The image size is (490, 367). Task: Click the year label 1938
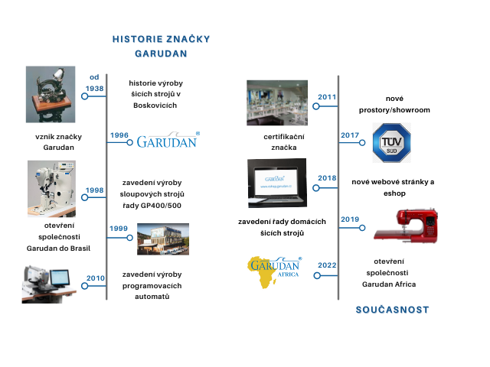pos(94,89)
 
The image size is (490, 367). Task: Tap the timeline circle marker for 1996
pos(129,143)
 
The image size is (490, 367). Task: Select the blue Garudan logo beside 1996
pos(168,140)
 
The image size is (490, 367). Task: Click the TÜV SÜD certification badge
pos(391,143)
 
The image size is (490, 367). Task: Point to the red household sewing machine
pos(406,226)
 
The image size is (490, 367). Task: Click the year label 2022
pos(327,265)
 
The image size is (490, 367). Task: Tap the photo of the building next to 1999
pos(163,239)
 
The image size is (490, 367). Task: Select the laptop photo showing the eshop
pos(277,183)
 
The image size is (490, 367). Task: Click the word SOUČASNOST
pos(393,310)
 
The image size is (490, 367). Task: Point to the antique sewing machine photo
pos(51,94)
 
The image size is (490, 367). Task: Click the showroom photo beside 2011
pos(277,102)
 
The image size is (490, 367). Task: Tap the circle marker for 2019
pos(362,228)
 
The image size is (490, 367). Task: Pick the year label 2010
pos(95,278)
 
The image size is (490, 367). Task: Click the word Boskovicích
pos(155,106)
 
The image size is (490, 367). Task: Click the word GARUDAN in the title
pos(161,54)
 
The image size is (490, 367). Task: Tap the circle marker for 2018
pos(316,188)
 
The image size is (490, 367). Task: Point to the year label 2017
pos(350,135)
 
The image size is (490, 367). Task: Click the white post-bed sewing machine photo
pos(51,189)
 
